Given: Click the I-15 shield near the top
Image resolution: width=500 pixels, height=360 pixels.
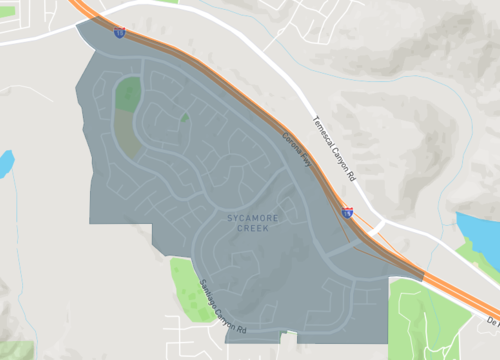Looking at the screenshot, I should point(120,33).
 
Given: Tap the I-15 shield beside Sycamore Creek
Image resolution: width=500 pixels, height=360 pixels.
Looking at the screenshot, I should point(347,212).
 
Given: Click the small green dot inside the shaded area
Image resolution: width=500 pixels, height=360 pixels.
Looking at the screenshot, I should point(184,118).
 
